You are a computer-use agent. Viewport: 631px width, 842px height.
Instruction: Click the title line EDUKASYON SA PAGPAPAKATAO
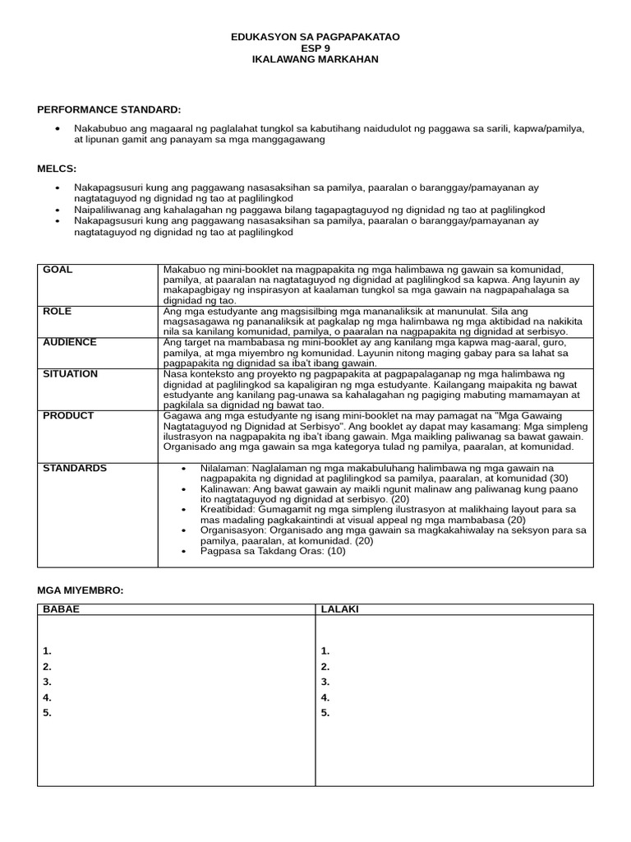315,37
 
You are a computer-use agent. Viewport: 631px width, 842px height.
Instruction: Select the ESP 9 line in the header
315,49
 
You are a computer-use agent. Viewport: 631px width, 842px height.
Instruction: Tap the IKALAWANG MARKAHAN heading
315,60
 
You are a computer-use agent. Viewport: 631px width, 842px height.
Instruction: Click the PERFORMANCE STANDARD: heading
108,109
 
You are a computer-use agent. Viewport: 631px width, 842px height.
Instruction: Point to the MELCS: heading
57,169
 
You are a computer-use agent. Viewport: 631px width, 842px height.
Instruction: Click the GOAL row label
58,271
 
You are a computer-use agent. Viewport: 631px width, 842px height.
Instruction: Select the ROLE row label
58,312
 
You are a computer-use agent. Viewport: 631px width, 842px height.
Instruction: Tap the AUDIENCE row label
70,343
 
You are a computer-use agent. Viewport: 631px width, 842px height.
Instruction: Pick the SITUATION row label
70,374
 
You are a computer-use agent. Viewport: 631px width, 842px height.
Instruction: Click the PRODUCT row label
68,416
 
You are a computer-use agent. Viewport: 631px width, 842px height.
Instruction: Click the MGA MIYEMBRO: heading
80,590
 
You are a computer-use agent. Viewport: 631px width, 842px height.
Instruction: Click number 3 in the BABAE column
47,682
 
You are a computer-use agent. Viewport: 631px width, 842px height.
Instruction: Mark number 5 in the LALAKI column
325,713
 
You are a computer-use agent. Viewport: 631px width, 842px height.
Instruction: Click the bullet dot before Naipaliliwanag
57,210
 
